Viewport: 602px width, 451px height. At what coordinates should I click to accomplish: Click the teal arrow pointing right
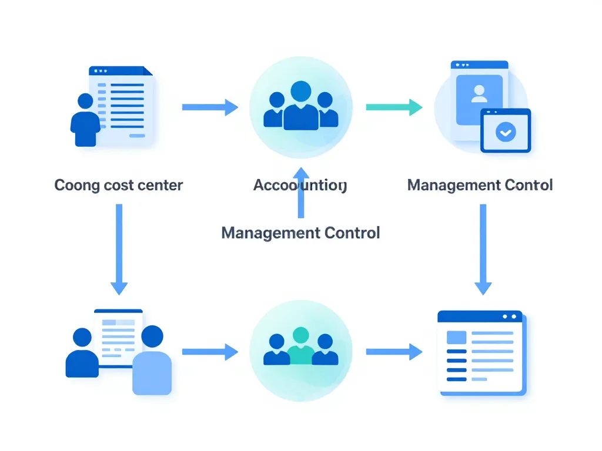[393, 107]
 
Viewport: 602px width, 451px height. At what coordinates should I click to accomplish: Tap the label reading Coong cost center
[119, 186]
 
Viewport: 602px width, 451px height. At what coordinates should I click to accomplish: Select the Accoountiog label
[300, 186]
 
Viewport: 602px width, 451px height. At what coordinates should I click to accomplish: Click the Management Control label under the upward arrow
[300, 233]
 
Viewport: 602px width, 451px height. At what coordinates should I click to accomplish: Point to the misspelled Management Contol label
[480, 186]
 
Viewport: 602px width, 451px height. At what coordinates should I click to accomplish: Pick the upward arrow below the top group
[301, 191]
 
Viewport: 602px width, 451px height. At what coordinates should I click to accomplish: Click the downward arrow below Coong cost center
[119, 249]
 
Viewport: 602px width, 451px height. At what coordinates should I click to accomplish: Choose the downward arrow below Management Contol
[483, 249]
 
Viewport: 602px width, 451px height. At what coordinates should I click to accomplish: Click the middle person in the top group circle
[300, 106]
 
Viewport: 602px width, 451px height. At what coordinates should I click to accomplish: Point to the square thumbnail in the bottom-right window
[457, 338]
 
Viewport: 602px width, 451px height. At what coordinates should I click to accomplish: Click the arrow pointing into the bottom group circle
[210, 352]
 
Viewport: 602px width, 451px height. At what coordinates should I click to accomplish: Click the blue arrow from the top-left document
[210, 107]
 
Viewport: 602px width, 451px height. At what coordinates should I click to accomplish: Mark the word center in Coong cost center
[160, 186]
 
